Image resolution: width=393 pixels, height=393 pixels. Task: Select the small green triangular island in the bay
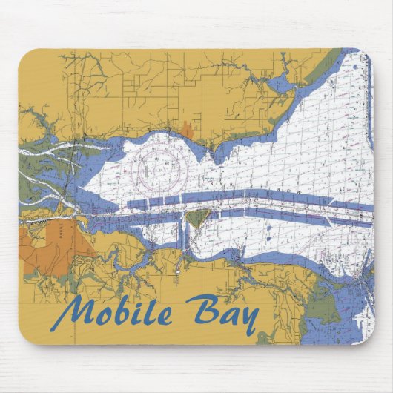pyautogui.click(x=196, y=217)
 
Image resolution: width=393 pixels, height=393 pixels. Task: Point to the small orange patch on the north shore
pyautogui.click(x=187, y=130)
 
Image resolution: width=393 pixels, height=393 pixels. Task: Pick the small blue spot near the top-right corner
pyautogui.click(x=356, y=67)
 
